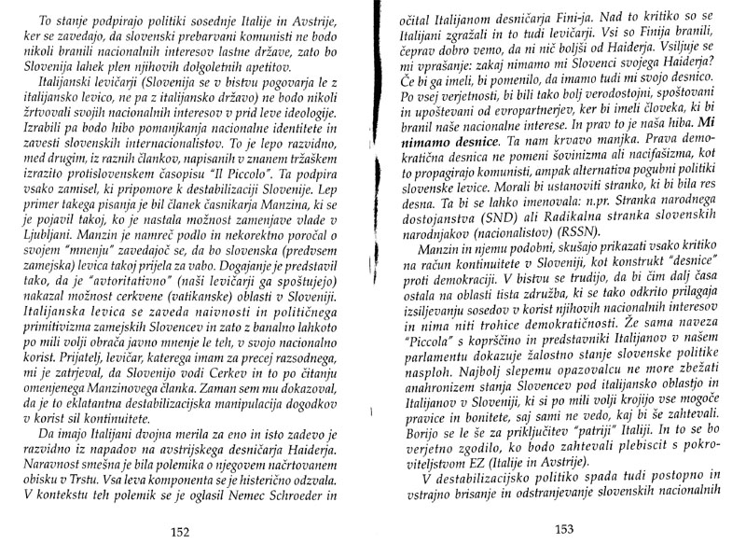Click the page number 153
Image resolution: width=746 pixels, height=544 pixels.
click(565, 529)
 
